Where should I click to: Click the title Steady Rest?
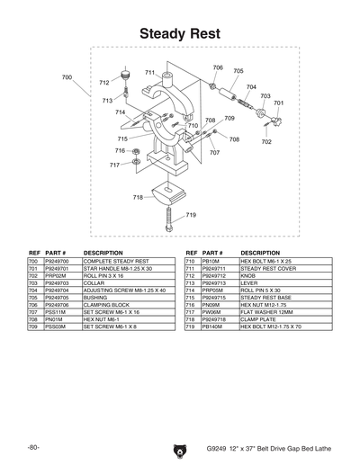[x=179, y=33]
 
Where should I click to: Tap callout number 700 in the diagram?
[x=67, y=77]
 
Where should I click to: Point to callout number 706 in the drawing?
[x=218, y=67]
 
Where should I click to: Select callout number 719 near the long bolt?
[x=192, y=215]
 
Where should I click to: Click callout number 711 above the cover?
[x=149, y=72]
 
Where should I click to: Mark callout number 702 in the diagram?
[x=266, y=141]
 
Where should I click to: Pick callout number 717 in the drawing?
[x=114, y=165]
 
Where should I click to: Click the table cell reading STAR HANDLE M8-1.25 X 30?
[x=118, y=268]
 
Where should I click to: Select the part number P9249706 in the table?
[x=57, y=305]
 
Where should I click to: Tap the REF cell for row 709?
[x=33, y=327]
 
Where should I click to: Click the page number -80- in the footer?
[x=33, y=447]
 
